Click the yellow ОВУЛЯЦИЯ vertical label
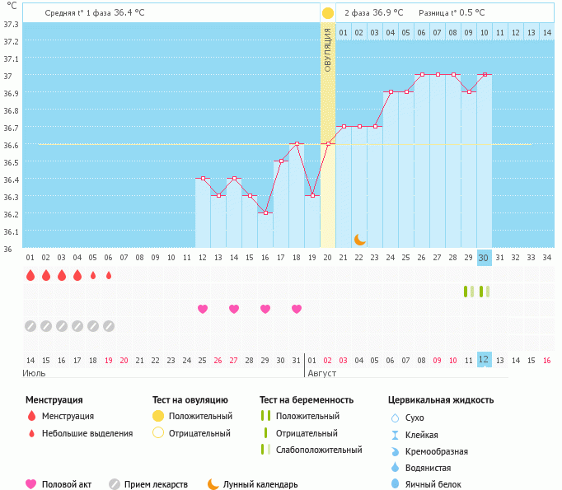(328, 49)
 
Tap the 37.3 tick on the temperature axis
(11, 24)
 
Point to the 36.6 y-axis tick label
(11, 145)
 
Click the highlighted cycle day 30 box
(485, 257)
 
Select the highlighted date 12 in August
(485, 359)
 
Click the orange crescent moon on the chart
(360, 240)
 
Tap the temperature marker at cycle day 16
(265, 213)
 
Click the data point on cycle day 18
(297, 144)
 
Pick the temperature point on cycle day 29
(469, 92)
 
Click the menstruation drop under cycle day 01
(30, 275)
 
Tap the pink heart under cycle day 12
(203, 309)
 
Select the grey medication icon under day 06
(109, 326)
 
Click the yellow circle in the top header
(328, 13)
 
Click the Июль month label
(34, 373)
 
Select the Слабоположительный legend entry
(319, 450)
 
